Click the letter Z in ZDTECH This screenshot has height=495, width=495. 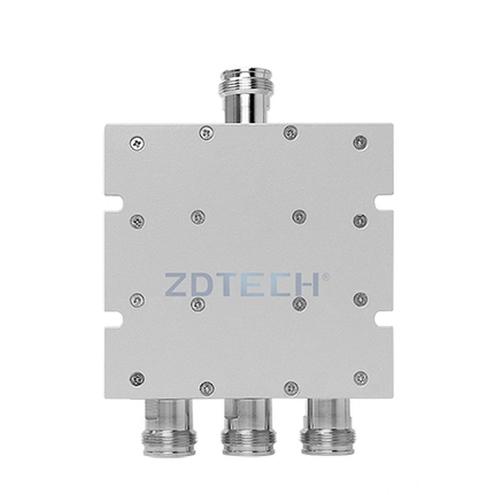click(178, 284)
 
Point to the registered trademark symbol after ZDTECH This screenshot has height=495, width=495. click(326, 277)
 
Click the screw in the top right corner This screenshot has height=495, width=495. click(359, 142)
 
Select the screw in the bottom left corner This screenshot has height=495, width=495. click(137, 378)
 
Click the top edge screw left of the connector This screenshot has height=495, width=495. click(206, 132)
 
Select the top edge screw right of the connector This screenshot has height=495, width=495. click(290, 132)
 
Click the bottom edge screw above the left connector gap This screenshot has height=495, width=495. click(207, 388)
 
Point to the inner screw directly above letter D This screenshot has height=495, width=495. click(197, 216)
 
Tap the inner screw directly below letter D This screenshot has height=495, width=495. click(197, 304)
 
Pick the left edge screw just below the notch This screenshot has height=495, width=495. click(137, 220)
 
